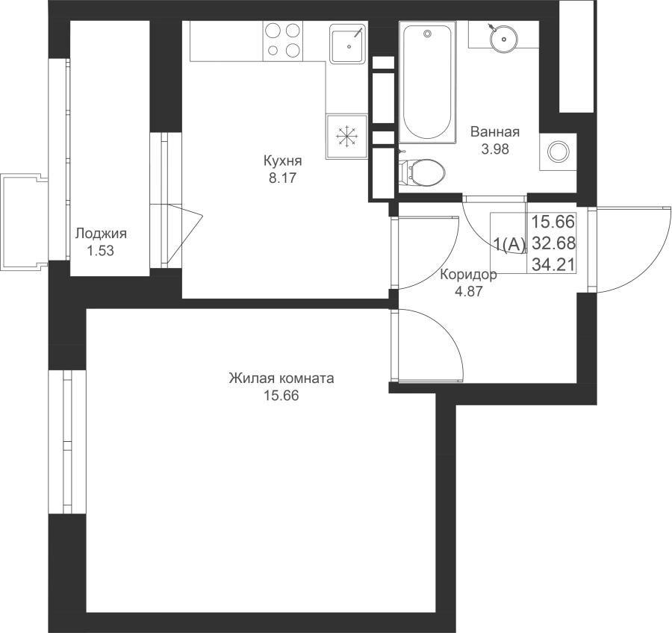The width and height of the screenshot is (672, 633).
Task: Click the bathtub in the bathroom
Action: click(x=427, y=82)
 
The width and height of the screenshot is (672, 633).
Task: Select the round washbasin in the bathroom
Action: click(x=503, y=38)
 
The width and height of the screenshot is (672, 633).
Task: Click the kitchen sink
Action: click(x=348, y=43)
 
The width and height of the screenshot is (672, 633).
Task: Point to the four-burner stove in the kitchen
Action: click(x=283, y=40)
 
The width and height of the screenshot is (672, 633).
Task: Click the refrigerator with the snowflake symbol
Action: click(x=346, y=137)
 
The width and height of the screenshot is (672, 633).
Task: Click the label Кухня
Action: click(x=282, y=161)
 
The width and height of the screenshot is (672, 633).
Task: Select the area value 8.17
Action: click(x=282, y=178)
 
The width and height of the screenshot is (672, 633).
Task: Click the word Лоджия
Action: click(x=101, y=234)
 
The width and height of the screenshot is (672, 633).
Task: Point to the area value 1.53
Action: click(x=101, y=251)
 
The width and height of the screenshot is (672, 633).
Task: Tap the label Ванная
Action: click(x=495, y=131)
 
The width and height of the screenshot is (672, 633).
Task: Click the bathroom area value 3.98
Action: click(x=495, y=149)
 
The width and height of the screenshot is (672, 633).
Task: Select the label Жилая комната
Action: click(x=281, y=379)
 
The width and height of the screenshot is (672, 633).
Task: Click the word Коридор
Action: click(x=469, y=274)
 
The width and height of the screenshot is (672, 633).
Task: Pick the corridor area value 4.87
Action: click(x=469, y=291)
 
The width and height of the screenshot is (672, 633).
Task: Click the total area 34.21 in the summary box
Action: click(x=553, y=264)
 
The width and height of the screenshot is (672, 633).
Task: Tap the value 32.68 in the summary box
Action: click(x=553, y=243)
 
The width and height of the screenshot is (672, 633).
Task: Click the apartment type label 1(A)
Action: click(x=509, y=244)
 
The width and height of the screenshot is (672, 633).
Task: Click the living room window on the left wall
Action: click(x=67, y=441)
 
